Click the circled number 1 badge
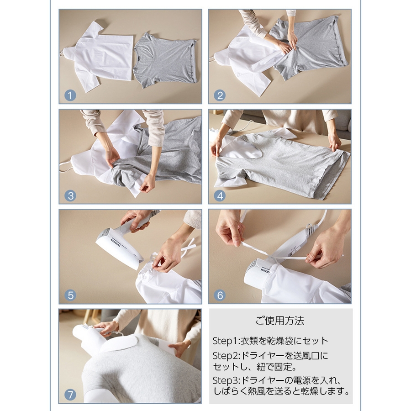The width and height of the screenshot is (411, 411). pos(70,96)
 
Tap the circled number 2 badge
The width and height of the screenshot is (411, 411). pos(220,96)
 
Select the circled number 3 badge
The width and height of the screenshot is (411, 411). pos(70,196)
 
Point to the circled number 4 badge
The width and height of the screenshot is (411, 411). pos(220,196)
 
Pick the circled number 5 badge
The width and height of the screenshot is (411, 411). pos(70,295)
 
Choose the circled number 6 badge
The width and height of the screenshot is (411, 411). pos(220,295)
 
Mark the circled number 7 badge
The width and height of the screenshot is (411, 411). pos(70,395)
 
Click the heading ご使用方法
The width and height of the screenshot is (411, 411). pos(280,321)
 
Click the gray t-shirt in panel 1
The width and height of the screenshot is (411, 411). pos(165,60)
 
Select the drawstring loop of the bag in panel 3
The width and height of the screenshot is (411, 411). pos(65,168)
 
